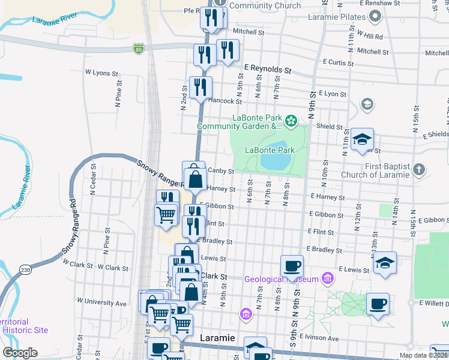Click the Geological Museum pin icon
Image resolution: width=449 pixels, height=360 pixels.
coord(328,278)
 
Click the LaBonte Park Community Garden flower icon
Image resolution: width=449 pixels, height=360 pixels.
coord(291,122)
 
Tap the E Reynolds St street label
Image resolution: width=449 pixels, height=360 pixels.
coord(267,69)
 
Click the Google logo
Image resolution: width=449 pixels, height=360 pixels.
coord(20,353)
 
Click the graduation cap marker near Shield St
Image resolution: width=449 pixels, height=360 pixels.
coord(362,140)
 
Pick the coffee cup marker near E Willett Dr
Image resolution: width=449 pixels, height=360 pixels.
coord(377,303)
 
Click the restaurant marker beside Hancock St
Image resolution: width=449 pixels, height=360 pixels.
coord(200,87)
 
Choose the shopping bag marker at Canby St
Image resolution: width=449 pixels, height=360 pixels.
coord(195,177)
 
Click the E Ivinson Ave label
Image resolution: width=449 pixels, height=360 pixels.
coord(319,338)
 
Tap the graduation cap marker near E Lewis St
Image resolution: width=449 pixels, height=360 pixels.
coord(385,262)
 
